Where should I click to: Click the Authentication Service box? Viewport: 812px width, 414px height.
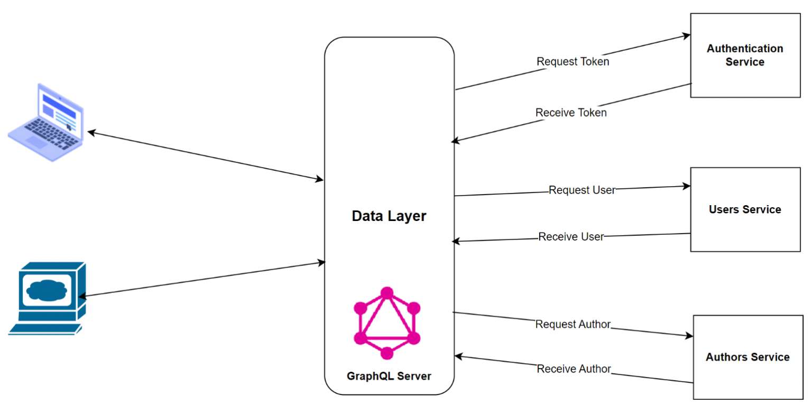point(745,56)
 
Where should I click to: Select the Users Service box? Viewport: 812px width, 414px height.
point(745,209)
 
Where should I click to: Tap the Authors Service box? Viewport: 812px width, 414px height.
point(748,357)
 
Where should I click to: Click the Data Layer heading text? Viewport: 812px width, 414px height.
point(389,216)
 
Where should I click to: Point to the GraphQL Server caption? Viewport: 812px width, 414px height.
point(389,376)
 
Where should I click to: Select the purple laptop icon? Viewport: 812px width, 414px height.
point(47,121)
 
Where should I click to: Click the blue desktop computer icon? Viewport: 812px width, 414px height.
point(47,298)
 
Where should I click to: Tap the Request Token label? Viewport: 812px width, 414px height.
point(573,62)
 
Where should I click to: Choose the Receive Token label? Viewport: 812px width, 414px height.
point(571,113)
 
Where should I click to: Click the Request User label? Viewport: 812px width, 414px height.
point(582,190)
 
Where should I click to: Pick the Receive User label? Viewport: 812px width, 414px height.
point(571,237)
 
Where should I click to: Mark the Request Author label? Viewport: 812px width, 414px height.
point(573,324)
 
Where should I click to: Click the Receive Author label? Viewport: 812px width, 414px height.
point(574,369)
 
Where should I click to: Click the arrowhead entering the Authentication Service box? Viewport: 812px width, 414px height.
point(687,36)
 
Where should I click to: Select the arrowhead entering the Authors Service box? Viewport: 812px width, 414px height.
point(689,336)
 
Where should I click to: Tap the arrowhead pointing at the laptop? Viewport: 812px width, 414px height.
point(91,132)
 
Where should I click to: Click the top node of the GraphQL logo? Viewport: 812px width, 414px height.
point(387,292)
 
